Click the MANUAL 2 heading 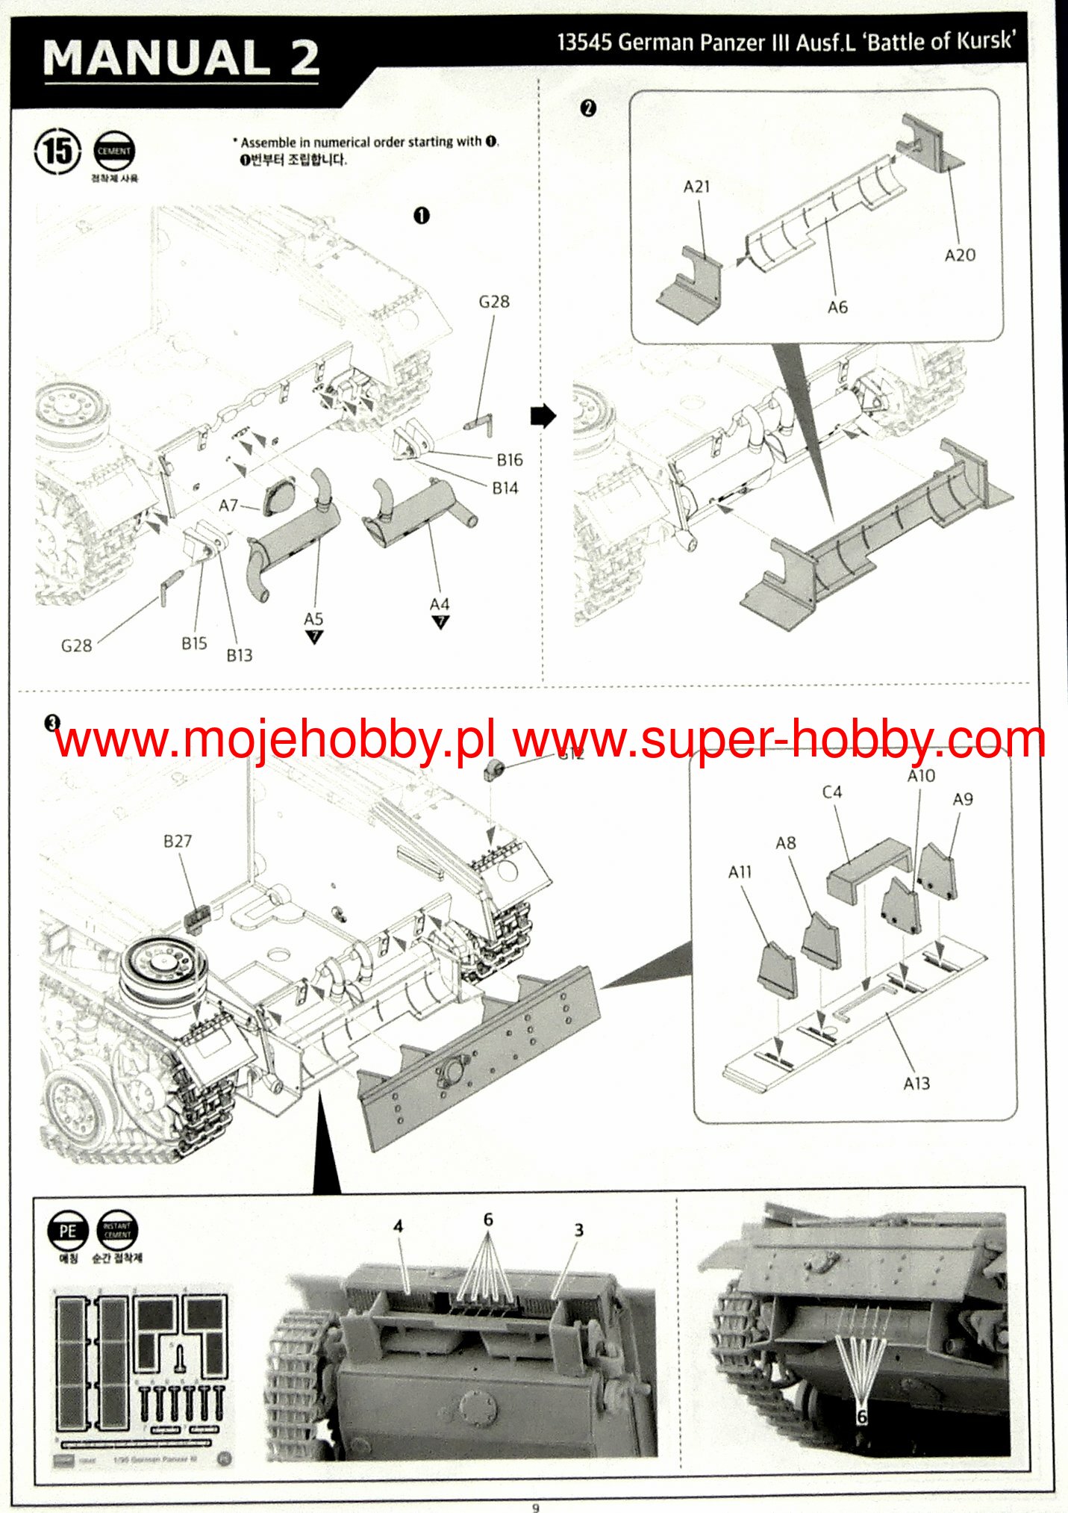click(x=181, y=58)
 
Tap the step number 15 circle click(x=57, y=152)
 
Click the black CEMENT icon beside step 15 click(x=113, y=152)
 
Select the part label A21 click(x=696, y=187)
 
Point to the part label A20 click(x=959, y=255)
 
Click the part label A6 click(x=837, y=307)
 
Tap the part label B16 click(x=510, y=460)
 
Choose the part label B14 click(x=505, y=488)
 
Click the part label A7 click(x=228, y=506)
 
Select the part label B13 click(x=240, y=655)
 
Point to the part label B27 click(x=178, y=841)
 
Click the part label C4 click(x=831, y=792)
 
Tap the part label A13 click(x=916, y=1083)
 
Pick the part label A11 click(x=740, y=872)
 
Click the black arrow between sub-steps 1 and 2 click(x=543, y=416)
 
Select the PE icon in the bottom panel click(x=67, y=1231)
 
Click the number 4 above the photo click(x=399, y=1225)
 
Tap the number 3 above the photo click(x=578, y=1229)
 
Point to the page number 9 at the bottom click(x=535, y=1507)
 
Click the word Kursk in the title click(x=984, y=40)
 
